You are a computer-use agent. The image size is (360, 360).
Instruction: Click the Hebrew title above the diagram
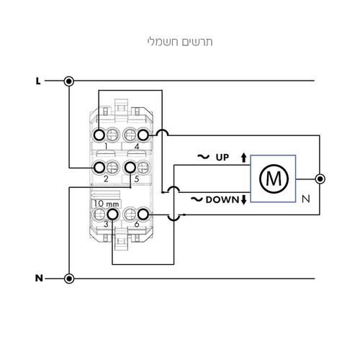tap(180, 42)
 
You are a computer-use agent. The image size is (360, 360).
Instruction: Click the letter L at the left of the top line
tap(38, 81)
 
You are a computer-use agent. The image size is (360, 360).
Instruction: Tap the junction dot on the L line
tap(69, 81)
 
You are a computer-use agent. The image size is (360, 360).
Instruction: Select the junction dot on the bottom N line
tap(69, 279)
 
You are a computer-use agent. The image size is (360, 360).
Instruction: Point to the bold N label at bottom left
tap(39, 279)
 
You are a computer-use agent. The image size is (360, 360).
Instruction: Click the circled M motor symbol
tap(274, 179)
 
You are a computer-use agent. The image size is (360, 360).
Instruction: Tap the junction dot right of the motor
tap(320, 179)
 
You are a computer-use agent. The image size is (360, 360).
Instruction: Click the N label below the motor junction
tap(306, 199)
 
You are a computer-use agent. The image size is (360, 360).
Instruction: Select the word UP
tap(222, 158)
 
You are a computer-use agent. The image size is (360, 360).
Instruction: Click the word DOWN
tap(222, 199)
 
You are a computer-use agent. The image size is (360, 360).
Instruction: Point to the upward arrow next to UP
tap(243, 158)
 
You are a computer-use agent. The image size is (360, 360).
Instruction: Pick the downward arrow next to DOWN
tap(243, 199)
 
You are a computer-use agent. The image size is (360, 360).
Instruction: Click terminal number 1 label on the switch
tap(106, 146)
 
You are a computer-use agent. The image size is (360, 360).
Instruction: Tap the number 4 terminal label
tap(137, 146)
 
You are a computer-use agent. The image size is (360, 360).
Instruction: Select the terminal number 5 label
tap(137, 179)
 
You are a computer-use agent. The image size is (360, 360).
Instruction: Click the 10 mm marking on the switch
tap(106, 204)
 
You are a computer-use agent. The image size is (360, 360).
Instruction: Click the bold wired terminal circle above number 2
tap(99, 168)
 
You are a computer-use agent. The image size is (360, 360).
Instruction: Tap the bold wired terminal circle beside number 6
tap(143, 215)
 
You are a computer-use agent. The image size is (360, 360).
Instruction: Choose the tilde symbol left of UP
tap(203, 157)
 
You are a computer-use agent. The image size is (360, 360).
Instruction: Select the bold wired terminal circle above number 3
tap(112, 215)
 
